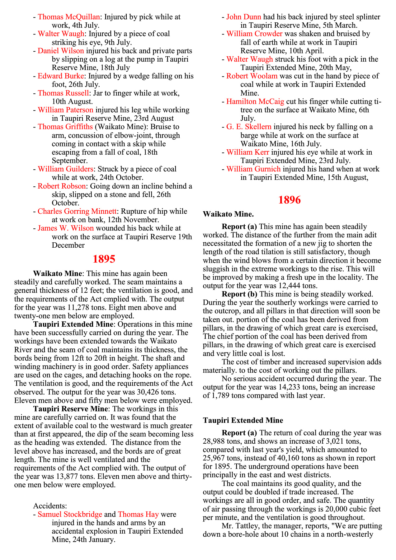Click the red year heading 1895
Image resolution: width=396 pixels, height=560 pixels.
tap(104, 259)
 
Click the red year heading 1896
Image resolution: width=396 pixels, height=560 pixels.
tap(289, 200)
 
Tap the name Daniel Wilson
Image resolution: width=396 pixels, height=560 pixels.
tap(61, 51)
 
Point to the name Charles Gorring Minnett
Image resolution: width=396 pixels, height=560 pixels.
tap(77, 212)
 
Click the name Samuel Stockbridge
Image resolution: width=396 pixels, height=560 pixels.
tap(70, 514)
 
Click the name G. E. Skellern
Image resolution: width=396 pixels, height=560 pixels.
tap(249, 127)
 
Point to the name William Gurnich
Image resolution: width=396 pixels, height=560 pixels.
tap(253, 169)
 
